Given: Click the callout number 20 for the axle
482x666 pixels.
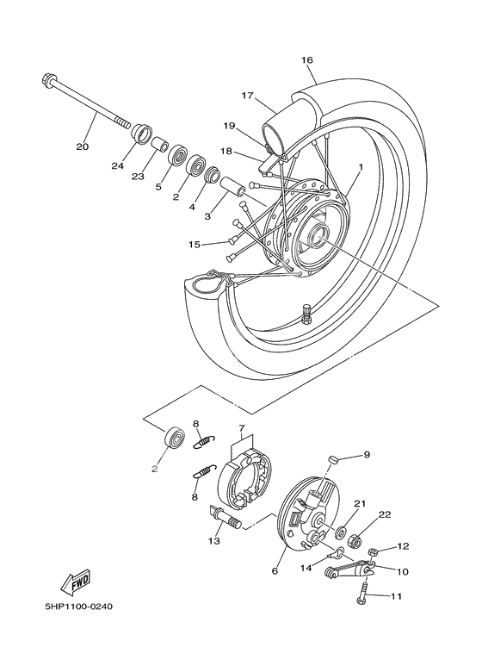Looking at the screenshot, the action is [83, 147].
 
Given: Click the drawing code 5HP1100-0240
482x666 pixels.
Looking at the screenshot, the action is [78, 606].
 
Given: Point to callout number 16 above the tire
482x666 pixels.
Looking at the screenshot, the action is [306, 60].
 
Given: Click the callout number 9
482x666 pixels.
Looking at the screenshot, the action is [367, 454].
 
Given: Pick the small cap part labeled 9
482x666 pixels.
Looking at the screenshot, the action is [335, 459].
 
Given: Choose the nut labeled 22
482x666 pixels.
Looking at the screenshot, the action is [355, 541].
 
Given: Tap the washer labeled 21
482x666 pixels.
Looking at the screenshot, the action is [340, 532].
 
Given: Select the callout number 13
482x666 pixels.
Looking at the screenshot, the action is [214, 541].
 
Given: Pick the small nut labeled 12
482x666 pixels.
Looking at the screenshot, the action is [374, 551].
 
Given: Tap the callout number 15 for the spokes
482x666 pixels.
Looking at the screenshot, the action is [194, 245].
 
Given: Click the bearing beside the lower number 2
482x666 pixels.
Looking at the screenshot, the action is [174, 438].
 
